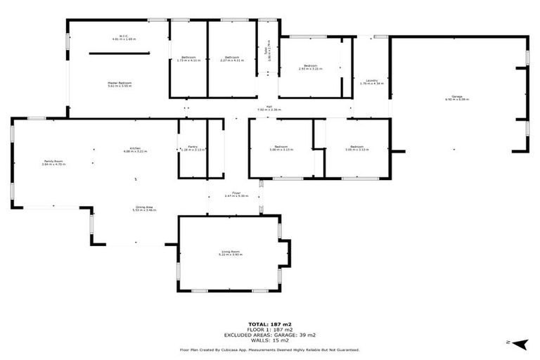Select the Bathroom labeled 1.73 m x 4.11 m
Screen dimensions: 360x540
(188, 58)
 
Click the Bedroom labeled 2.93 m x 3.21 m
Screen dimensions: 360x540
(309, 67)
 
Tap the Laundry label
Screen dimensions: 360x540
(371, 82)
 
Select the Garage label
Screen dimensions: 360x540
(457, 98)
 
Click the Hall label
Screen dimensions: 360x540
(269, 109)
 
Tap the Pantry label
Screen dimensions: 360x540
(192, 148)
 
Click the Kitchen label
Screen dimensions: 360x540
(135, 150)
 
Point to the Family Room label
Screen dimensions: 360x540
(53, 163)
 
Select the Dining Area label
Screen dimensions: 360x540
(143, 209)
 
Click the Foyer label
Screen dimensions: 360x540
(237, 195)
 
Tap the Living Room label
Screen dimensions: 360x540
(231, 253)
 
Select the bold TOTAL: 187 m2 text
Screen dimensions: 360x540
(269, 323)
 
